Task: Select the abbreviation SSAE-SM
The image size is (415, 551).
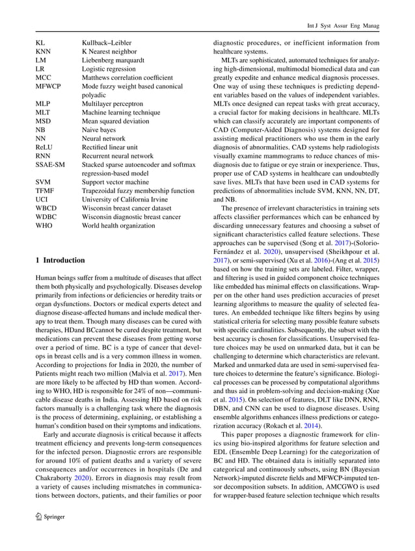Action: click(x=49, y=165)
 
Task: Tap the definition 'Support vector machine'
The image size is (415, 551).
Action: click(x=115, y=183)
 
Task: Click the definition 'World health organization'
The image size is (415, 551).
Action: click(x=120, y=226)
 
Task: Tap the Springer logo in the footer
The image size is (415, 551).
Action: click(x=49, y=534)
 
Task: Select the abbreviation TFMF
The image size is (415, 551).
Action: click(x=45, y=191)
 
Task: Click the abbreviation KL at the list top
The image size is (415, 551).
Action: click(x=40, y=42)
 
